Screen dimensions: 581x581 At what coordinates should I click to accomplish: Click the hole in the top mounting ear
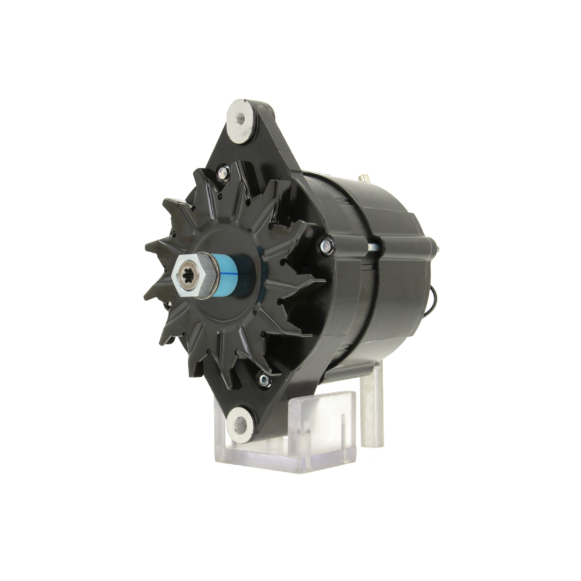(240, 120)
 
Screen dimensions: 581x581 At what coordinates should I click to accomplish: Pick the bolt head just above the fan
(223, 172)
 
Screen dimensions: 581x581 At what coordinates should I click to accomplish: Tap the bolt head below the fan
(264, 381)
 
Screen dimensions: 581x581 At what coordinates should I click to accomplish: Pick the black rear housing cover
(395, 273)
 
